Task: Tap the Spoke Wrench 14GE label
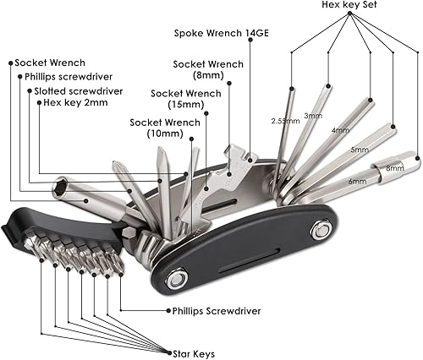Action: (216, 35)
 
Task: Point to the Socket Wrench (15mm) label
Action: (185, 99)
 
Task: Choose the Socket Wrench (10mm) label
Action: (165, 128)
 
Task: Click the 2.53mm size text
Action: (285, 121)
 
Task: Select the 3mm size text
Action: (313, 115)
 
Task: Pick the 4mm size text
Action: (340, 130)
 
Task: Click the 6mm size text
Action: (357, 180)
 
